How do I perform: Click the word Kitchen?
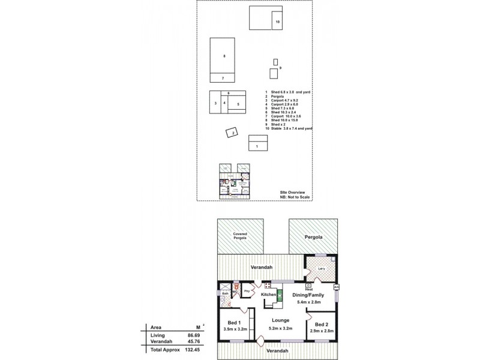pos(268,295)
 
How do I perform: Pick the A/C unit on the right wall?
pos(336,287)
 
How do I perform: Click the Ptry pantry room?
pos(246,292)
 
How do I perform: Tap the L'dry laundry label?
pos(321,268)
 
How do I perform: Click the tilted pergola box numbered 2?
pos(230,134)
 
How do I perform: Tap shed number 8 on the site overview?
pos(224,56)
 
